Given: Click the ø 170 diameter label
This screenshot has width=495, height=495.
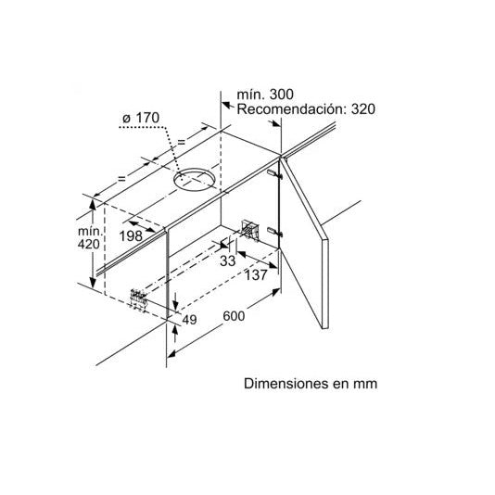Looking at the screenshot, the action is [x=141, y=118].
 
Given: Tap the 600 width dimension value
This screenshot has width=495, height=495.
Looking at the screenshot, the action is [x=234, y=316].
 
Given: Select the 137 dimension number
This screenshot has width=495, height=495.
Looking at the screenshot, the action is [x=256, y=275].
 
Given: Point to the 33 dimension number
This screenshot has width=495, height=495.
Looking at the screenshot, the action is [x=228, y=260].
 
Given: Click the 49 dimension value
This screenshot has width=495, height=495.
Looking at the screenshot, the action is [x=189, y=320].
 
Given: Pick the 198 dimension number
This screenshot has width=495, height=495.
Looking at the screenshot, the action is [x=131, y=235].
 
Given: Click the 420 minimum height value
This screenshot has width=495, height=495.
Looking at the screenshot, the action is [x=89, y=244].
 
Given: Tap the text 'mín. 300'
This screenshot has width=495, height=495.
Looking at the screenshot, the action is [x=265, y=94].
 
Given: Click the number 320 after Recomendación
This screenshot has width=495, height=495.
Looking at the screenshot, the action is [x=363, y=109].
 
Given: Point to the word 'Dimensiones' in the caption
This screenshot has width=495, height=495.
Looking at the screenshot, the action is [x=286, y=384].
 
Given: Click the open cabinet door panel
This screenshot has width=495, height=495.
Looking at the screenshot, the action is [x=305, y=243].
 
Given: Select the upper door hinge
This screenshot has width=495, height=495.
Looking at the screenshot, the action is [x=274, y=174].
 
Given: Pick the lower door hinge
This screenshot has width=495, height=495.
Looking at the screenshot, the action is [x=274, y=232].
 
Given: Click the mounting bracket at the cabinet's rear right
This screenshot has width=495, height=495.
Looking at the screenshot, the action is [x=250, y=230].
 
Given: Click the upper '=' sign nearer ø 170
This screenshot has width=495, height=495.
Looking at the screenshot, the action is [x=181, y=142].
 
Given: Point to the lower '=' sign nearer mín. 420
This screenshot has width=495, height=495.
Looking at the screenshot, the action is [x=121, y=179].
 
